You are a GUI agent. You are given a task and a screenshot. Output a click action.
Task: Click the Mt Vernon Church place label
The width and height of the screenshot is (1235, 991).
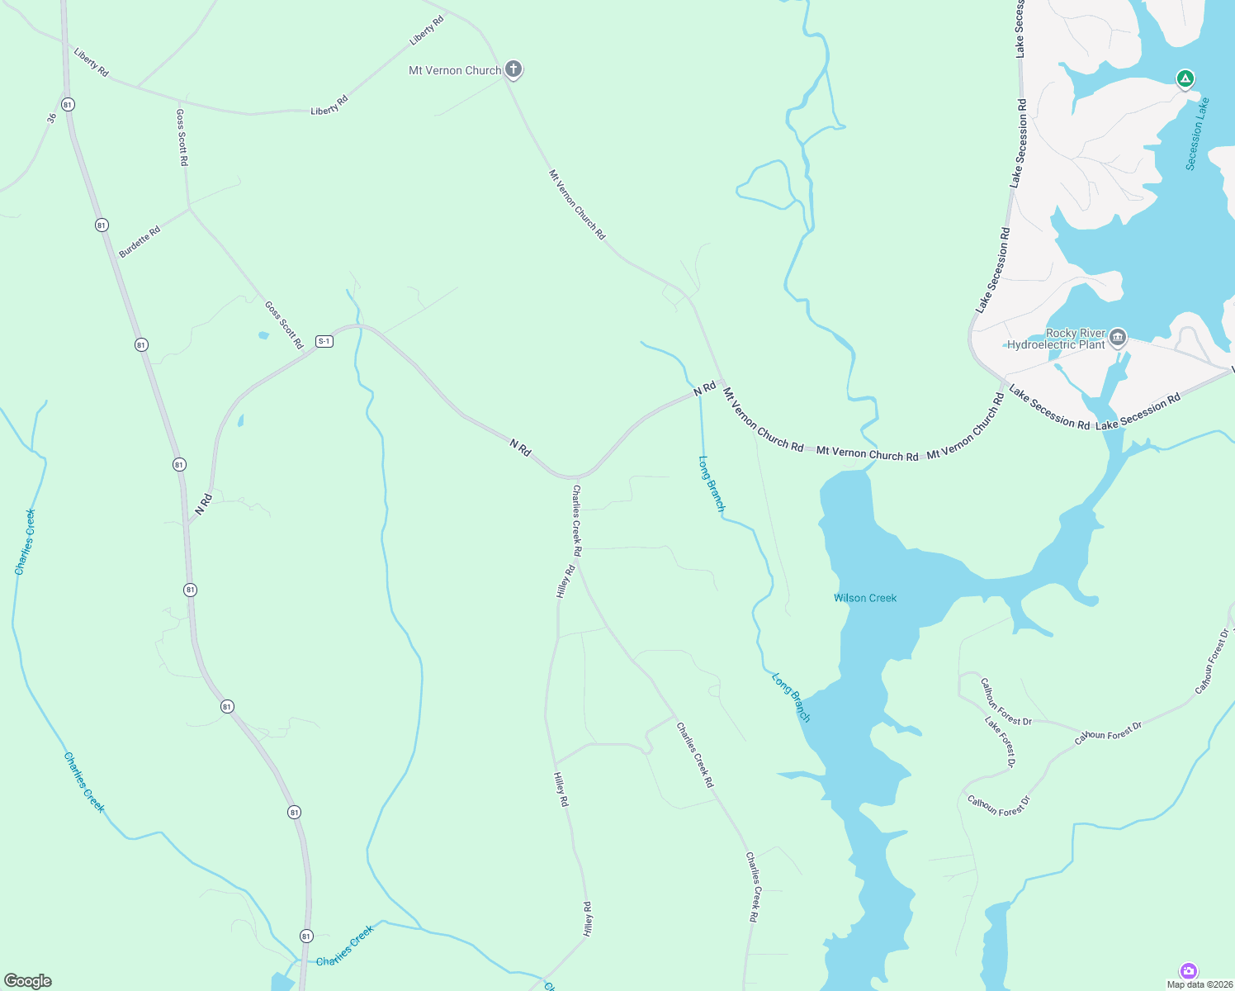point(455,71)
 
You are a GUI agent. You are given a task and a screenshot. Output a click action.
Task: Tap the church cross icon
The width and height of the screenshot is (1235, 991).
point(513,69)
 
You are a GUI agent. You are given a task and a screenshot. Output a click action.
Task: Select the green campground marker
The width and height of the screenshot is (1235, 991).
point(1185,79)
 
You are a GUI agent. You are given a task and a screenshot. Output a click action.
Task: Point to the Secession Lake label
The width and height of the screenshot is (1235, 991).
point(1197,134)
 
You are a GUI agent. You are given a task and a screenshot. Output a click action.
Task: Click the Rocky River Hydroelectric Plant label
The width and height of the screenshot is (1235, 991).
point(1057,339)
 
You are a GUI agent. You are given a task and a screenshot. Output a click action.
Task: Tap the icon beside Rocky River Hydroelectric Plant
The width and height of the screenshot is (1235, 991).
point(1118,337)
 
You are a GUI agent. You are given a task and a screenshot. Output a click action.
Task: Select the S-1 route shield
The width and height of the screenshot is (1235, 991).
point(324,341)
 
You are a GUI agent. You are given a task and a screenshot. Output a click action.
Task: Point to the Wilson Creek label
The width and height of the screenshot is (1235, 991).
point(865,598)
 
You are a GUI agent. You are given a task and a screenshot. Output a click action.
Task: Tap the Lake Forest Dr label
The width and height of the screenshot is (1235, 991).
point(1000,742)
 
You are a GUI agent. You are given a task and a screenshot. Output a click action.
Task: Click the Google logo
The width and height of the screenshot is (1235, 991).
point(28,981)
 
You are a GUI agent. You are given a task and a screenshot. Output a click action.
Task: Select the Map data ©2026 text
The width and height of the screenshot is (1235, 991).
point(1197,984)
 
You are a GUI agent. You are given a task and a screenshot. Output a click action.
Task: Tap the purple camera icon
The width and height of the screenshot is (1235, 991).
point(1189,970)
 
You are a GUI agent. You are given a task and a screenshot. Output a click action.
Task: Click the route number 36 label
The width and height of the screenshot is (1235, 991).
point(52,118)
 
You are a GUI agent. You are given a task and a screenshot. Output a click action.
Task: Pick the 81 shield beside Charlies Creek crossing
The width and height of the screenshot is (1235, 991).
point(306,936)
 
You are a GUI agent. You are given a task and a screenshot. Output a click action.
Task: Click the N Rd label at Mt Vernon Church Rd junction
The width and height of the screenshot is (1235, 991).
point(704,388)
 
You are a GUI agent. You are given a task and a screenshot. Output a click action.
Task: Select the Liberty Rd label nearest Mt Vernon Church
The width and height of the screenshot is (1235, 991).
point(427,31)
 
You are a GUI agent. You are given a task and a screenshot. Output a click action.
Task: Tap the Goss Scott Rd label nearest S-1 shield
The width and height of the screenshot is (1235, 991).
point(284,325)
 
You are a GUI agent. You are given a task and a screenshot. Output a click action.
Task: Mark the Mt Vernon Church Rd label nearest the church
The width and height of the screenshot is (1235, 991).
point(577,205)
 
